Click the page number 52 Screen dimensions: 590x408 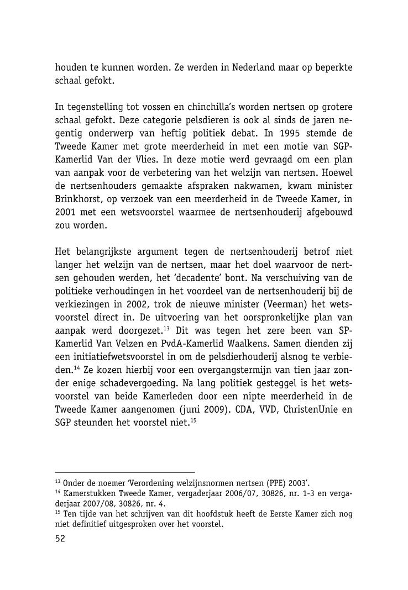[x=60, y=540]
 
